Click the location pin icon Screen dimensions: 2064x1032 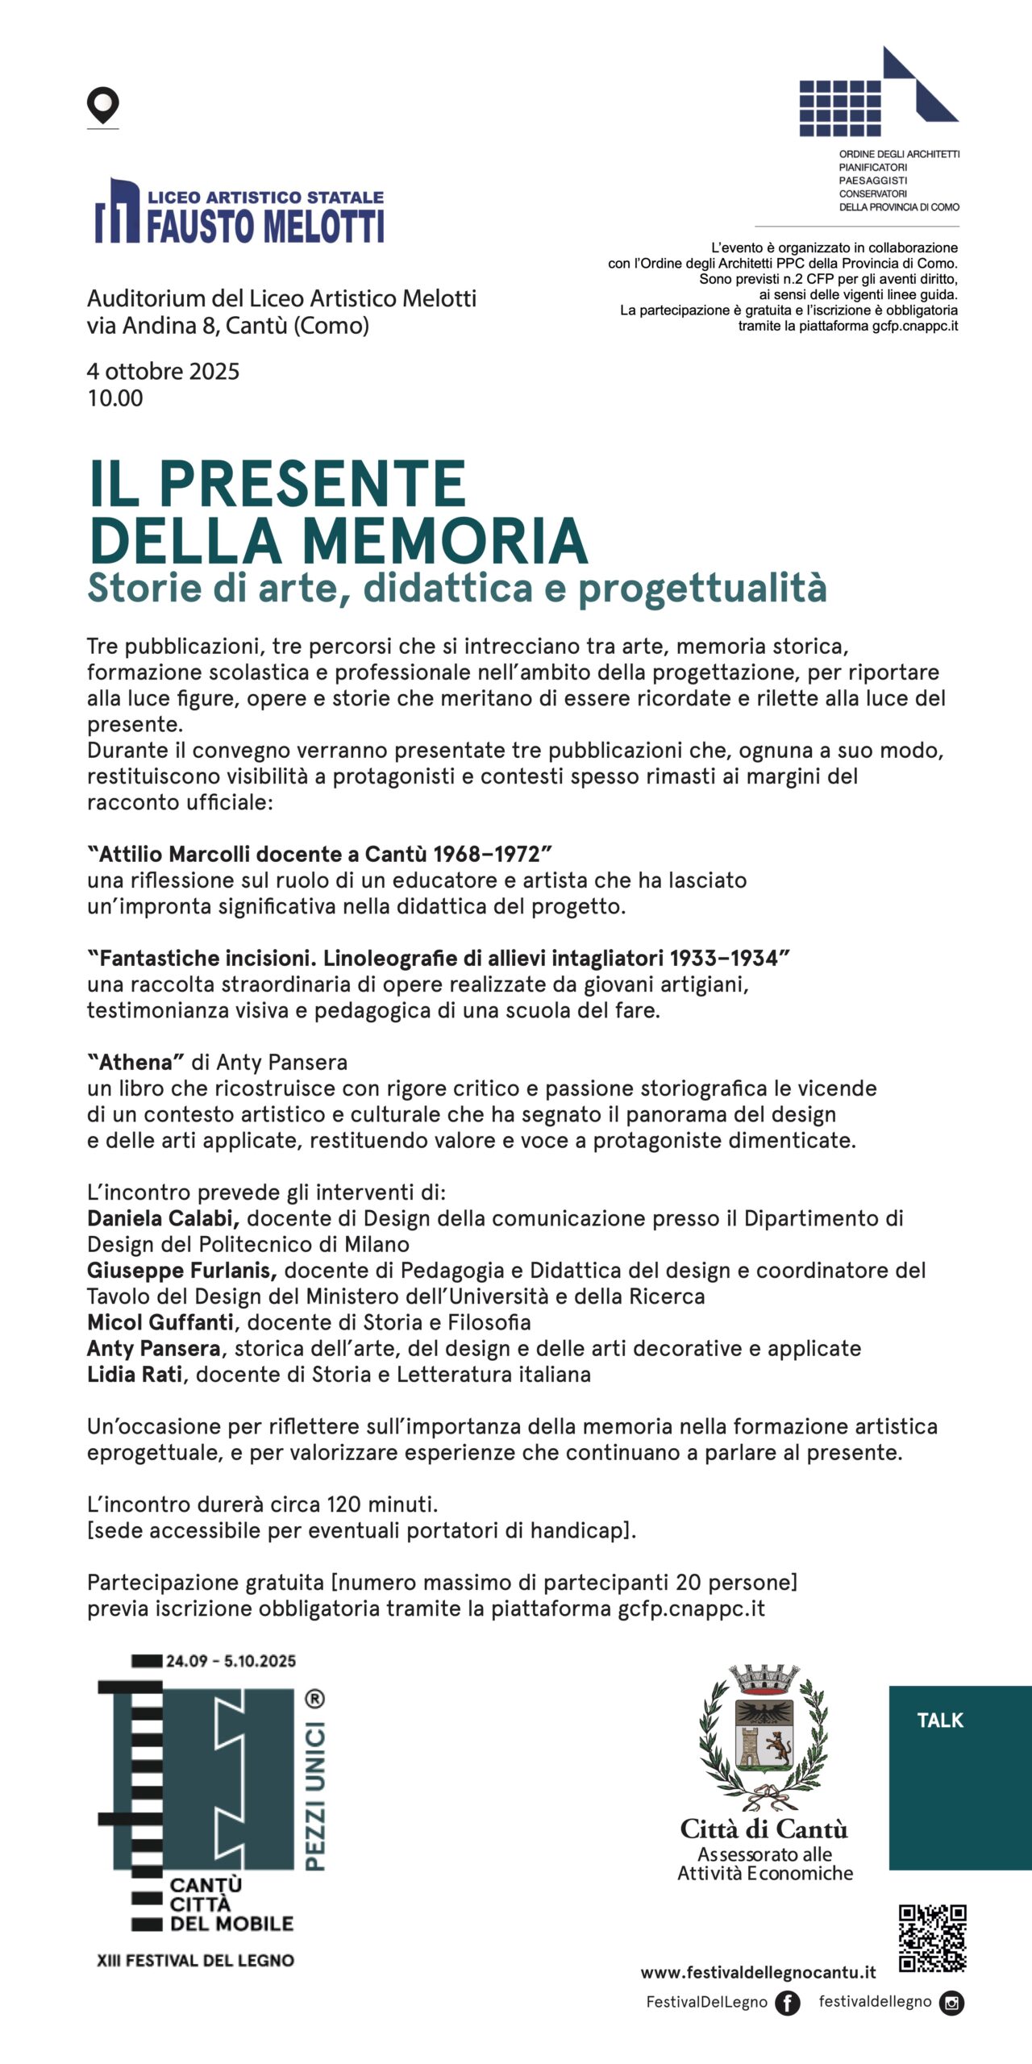102,106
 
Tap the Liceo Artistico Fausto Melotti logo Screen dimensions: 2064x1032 239,211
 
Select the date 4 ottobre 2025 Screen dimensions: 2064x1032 163,372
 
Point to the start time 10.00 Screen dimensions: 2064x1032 115,398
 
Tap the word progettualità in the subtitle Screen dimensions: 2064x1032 702,588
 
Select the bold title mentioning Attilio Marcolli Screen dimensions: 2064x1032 319,854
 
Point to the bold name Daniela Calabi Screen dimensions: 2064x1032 163,1218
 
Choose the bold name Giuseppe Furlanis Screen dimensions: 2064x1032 182,1271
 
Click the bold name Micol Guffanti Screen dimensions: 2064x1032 160,1322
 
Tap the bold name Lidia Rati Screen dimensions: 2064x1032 135,1375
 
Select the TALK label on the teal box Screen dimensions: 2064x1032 940,1721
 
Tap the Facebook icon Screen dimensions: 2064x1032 788,2003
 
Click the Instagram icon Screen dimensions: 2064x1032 952,2003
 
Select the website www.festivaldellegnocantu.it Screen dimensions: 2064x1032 758,1973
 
